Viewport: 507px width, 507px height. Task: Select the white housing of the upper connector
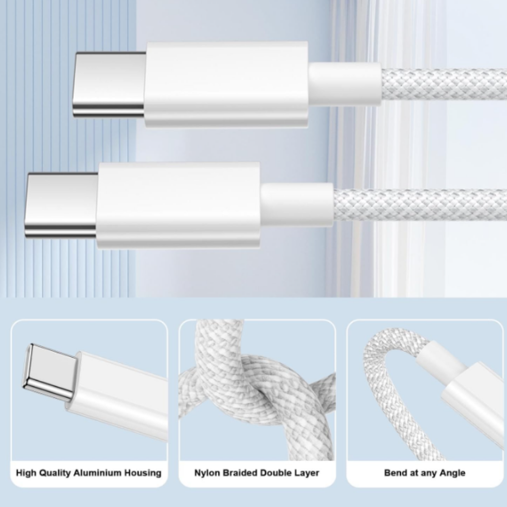click(x=226, y=84)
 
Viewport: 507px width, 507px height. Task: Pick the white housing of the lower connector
click(x=178, y=206)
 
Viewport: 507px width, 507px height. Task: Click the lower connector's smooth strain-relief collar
click(x=297, y=205)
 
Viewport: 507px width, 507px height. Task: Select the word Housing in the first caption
click(x=143, y=473)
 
